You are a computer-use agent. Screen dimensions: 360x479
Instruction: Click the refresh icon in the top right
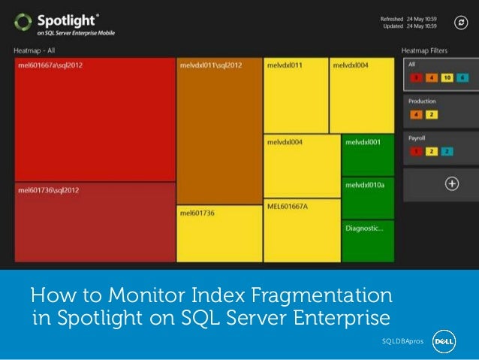click(461, 23)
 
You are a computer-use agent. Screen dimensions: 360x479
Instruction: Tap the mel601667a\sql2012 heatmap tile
click(95, 120)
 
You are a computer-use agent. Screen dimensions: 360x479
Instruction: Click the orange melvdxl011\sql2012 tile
click(219, 132)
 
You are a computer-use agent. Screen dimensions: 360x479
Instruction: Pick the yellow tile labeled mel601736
click(219, 234)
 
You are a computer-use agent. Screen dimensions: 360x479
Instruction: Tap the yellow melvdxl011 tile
click(296, 95)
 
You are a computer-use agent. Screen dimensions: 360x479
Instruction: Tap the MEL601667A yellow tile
click(302, 230)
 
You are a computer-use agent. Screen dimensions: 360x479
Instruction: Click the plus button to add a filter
click(451, 183)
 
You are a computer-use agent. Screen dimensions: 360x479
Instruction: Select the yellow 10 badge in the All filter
click(446, 77)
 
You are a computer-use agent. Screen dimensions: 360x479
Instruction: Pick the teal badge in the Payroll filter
click(446, 151)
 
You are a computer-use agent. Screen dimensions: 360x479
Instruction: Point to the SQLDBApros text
click(402, 342)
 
